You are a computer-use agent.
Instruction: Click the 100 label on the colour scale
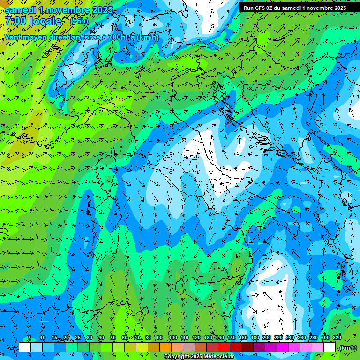(x=173, y=338)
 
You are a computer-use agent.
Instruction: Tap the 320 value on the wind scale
(x=337, y=338)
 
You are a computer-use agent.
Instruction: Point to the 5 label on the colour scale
(x=29, y=338)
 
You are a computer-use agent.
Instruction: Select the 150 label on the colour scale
(x=232, y=338)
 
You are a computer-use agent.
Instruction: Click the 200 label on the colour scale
(x=267, y=338)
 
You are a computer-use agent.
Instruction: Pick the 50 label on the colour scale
(x=113, y=338)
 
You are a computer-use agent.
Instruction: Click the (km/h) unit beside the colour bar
(x=348, y=347)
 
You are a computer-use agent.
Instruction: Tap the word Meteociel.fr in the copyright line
(x=222, y=357)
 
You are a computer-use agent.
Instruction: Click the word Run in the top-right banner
(x=248, y=7)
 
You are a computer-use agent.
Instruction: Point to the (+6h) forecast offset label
(x=79, y=21)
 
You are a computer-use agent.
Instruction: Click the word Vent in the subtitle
(x=13, y=37)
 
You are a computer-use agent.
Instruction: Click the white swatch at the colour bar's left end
(x=25, y=347)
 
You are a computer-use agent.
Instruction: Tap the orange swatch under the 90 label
(x=165, y=347)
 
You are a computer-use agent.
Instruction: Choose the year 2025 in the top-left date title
(x=101, y=10)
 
